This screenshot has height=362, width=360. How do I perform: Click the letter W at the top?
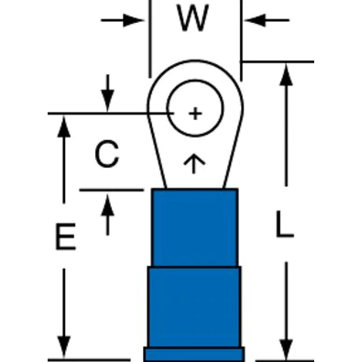pyautogui.click(x=194, y=20)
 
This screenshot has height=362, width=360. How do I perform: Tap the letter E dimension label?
pyautogui.click(x=63, y=239)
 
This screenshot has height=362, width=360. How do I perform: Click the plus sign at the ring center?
pyautogui.click(x=194, y=113)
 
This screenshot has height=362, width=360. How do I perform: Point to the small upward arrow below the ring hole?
pyautogui.click(x=194, y=163)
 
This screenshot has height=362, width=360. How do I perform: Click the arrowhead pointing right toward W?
pyautogui.click(x=138, y=20)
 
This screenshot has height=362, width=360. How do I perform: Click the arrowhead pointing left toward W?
pyautogui.click(x=253, y=20)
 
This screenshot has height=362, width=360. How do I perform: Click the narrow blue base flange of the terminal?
pyautogui.click(x=194, y=353)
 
